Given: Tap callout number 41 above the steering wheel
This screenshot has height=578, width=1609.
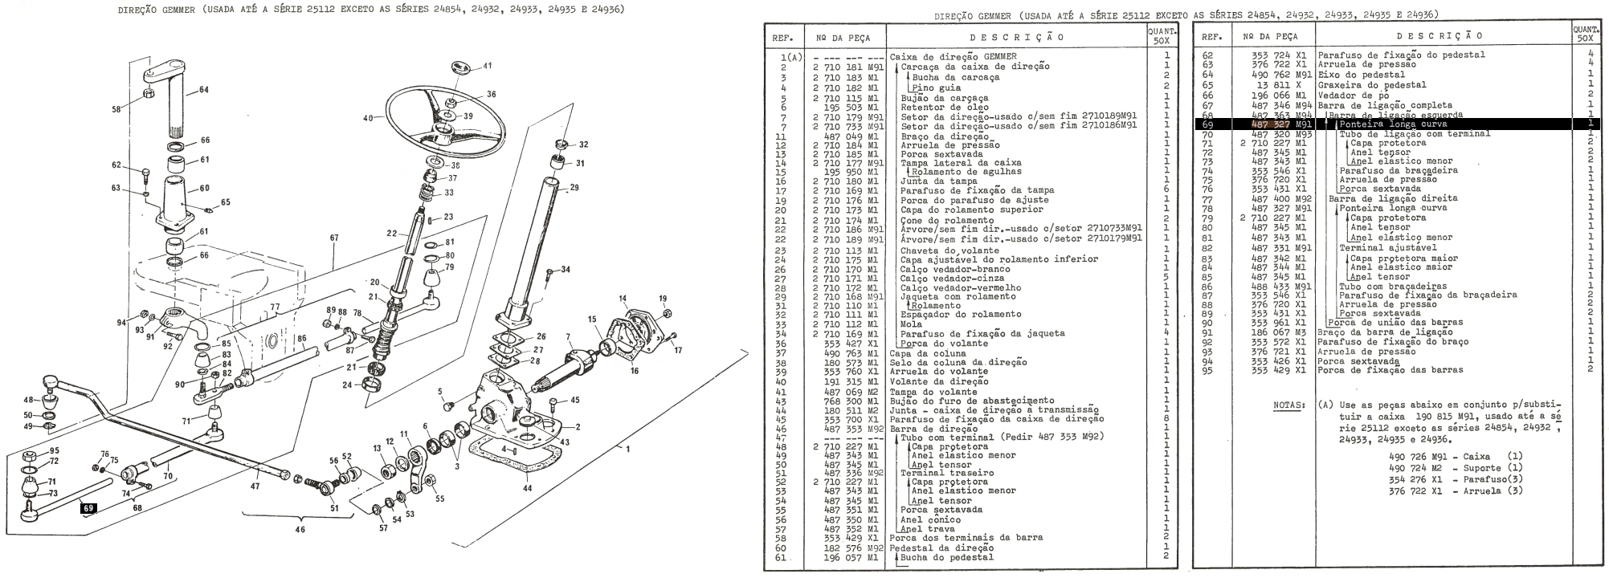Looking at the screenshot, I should (488, 65).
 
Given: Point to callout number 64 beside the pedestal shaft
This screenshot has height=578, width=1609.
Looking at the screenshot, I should (203, 90).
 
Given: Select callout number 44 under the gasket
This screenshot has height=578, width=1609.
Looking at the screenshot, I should (527, 487).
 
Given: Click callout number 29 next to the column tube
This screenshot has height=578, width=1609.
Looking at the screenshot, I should (574, 188).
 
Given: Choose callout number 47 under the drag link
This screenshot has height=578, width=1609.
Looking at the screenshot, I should (255, 486).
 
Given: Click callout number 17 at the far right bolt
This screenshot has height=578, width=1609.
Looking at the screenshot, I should (677, 350).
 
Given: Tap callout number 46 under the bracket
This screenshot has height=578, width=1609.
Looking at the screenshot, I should (300, 530).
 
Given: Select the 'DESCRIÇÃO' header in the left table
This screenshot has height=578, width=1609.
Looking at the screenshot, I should (1016, 37).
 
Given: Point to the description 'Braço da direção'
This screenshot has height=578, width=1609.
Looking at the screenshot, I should (933, 136).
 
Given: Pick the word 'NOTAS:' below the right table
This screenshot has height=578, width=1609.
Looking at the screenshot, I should (1290, 405).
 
